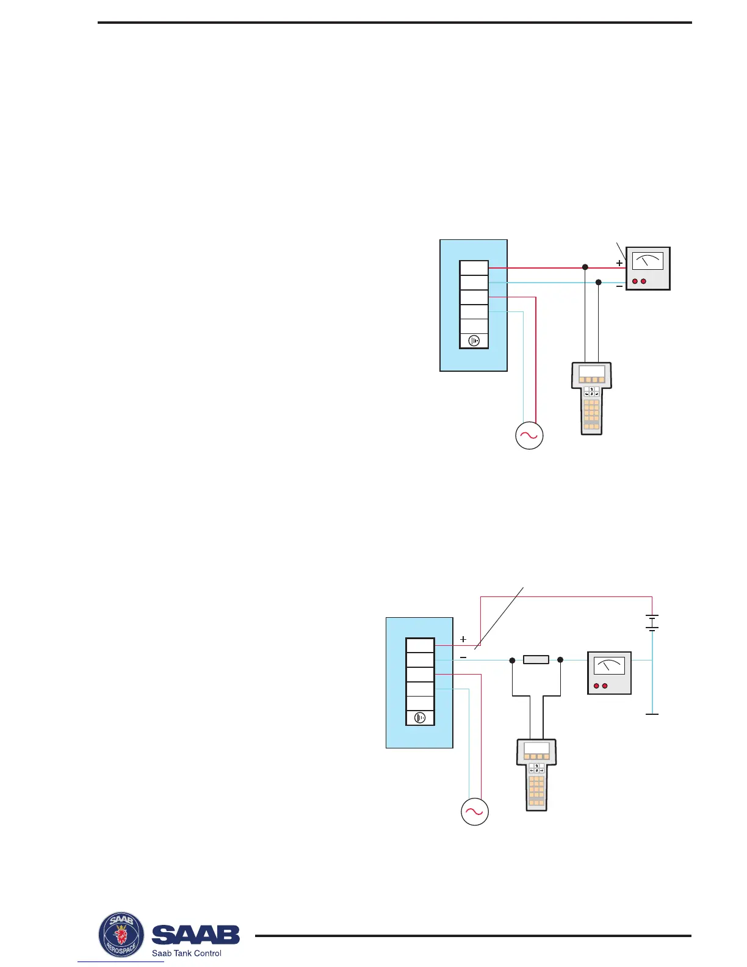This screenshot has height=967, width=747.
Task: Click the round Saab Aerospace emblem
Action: pyautogui.click(x=121, y=935)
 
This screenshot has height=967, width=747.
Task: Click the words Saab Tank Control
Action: pyautogui.click(x=187, y=953)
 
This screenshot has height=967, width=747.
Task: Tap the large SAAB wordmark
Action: pyautogui.click(x=195, y=935)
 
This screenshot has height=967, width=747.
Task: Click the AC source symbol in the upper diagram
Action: pyautogui.click(x=529, y=436)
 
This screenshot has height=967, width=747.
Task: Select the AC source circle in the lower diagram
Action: pyautogui.click(x=475, y=811)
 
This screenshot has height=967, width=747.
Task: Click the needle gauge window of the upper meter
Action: pyautogui.click(x=648, y=261)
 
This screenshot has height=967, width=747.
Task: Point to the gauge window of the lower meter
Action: pyautogui.click(x=609, y=665)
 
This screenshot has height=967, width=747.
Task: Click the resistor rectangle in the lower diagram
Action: pyautogui.click(x=536, y=659)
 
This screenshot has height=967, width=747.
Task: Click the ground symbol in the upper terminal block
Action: pyautogui.click(x=474, y=341)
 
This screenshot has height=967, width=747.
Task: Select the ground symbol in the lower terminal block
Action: pyautogui.click(x=420, y=717)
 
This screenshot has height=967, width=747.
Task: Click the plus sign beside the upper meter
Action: pyautogui.click(x=619, y=263)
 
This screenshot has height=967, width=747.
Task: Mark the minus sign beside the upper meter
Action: pyautogui.click(x=619, y=286)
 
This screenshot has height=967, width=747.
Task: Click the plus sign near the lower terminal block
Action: pyautogui.click(x=463, y=639)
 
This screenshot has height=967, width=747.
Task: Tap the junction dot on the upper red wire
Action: pyautogui.click(x=585, y=267)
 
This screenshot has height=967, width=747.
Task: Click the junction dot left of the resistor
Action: pyautogui.click(x=512, y=660)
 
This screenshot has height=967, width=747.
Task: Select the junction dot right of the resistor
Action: pyautogui.click(x=560, y=660)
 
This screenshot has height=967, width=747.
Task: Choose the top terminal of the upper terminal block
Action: pyautogui.click(x=474, y=268)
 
